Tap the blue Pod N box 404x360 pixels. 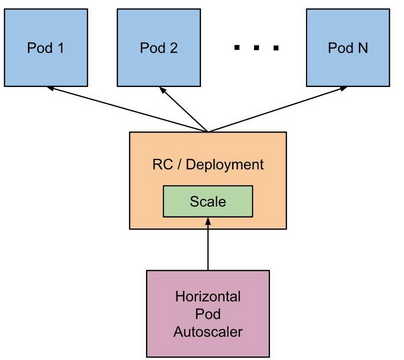coord(348,46)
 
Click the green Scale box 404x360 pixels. coord(208,202)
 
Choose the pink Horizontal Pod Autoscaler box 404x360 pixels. coord(208,312)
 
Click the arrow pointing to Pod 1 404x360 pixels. coord(130,109)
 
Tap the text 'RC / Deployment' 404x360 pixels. coord(208,164)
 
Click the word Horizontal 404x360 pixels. coord(208,295)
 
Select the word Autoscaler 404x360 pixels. coord(208,329)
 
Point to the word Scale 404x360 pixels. coord(208,202)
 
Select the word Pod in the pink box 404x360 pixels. coord(208,312)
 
